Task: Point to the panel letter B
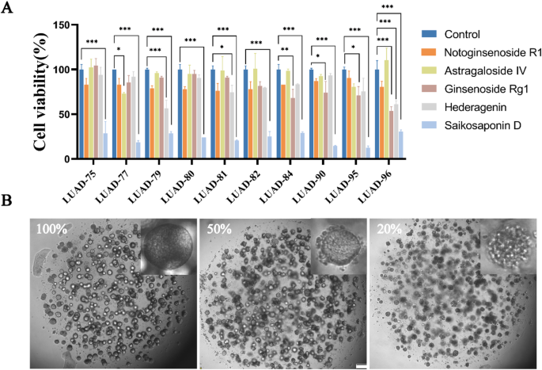(x=11, y=201)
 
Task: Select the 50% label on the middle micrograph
(x=221, y=231)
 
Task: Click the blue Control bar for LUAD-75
(x=81, y=114)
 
